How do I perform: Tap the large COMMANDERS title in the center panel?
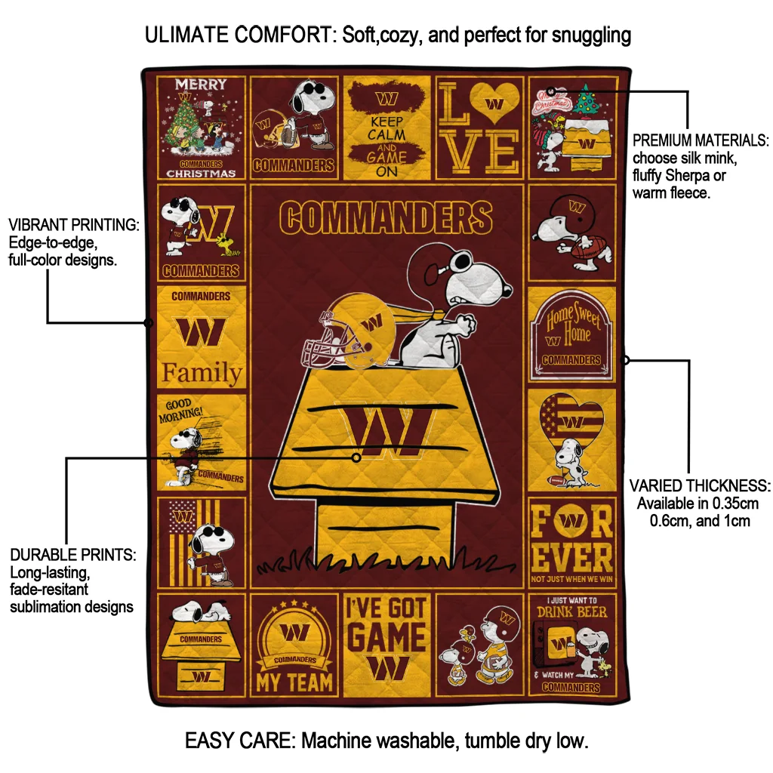click(x=385, y=218)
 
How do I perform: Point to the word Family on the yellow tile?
click(x=202, y=373)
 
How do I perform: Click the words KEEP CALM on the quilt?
click(x=386, y=128)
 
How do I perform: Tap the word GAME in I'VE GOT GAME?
click(x=386, y=638)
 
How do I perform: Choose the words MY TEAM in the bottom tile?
click(x=294, y=682)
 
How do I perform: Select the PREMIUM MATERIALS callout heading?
click(x=701, y=141)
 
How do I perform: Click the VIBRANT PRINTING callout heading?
click(x=73, y=225)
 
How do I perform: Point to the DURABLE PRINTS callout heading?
click(x=73, y=555)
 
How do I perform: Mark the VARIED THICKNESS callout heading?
click(x=700, y=485)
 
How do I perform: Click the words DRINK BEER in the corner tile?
click(x=571, y=611)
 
